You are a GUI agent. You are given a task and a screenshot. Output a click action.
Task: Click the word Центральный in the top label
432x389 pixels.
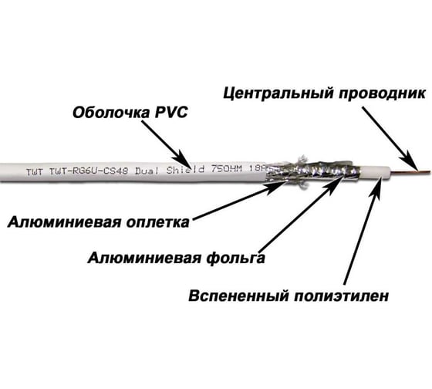[x=278, y=93]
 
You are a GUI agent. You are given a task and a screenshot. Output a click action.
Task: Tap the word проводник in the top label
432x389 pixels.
[x=382, y=93]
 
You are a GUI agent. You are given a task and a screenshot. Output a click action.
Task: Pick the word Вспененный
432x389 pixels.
[x=239, y=296]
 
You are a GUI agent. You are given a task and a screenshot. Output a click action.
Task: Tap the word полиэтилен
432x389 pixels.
[x=341, y=296]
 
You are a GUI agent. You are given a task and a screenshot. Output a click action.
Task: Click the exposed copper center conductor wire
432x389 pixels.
[x=410, y=173]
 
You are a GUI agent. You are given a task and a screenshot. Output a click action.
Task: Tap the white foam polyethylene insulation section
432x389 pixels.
[x=374, y=173]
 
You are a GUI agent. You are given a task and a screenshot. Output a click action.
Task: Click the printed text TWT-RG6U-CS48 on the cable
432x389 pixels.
[x=89, y=171]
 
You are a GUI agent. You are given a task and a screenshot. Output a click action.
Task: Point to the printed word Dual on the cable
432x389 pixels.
[x=147, y=171]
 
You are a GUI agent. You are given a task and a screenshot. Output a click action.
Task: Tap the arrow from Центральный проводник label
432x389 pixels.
[x=390, y=138]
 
